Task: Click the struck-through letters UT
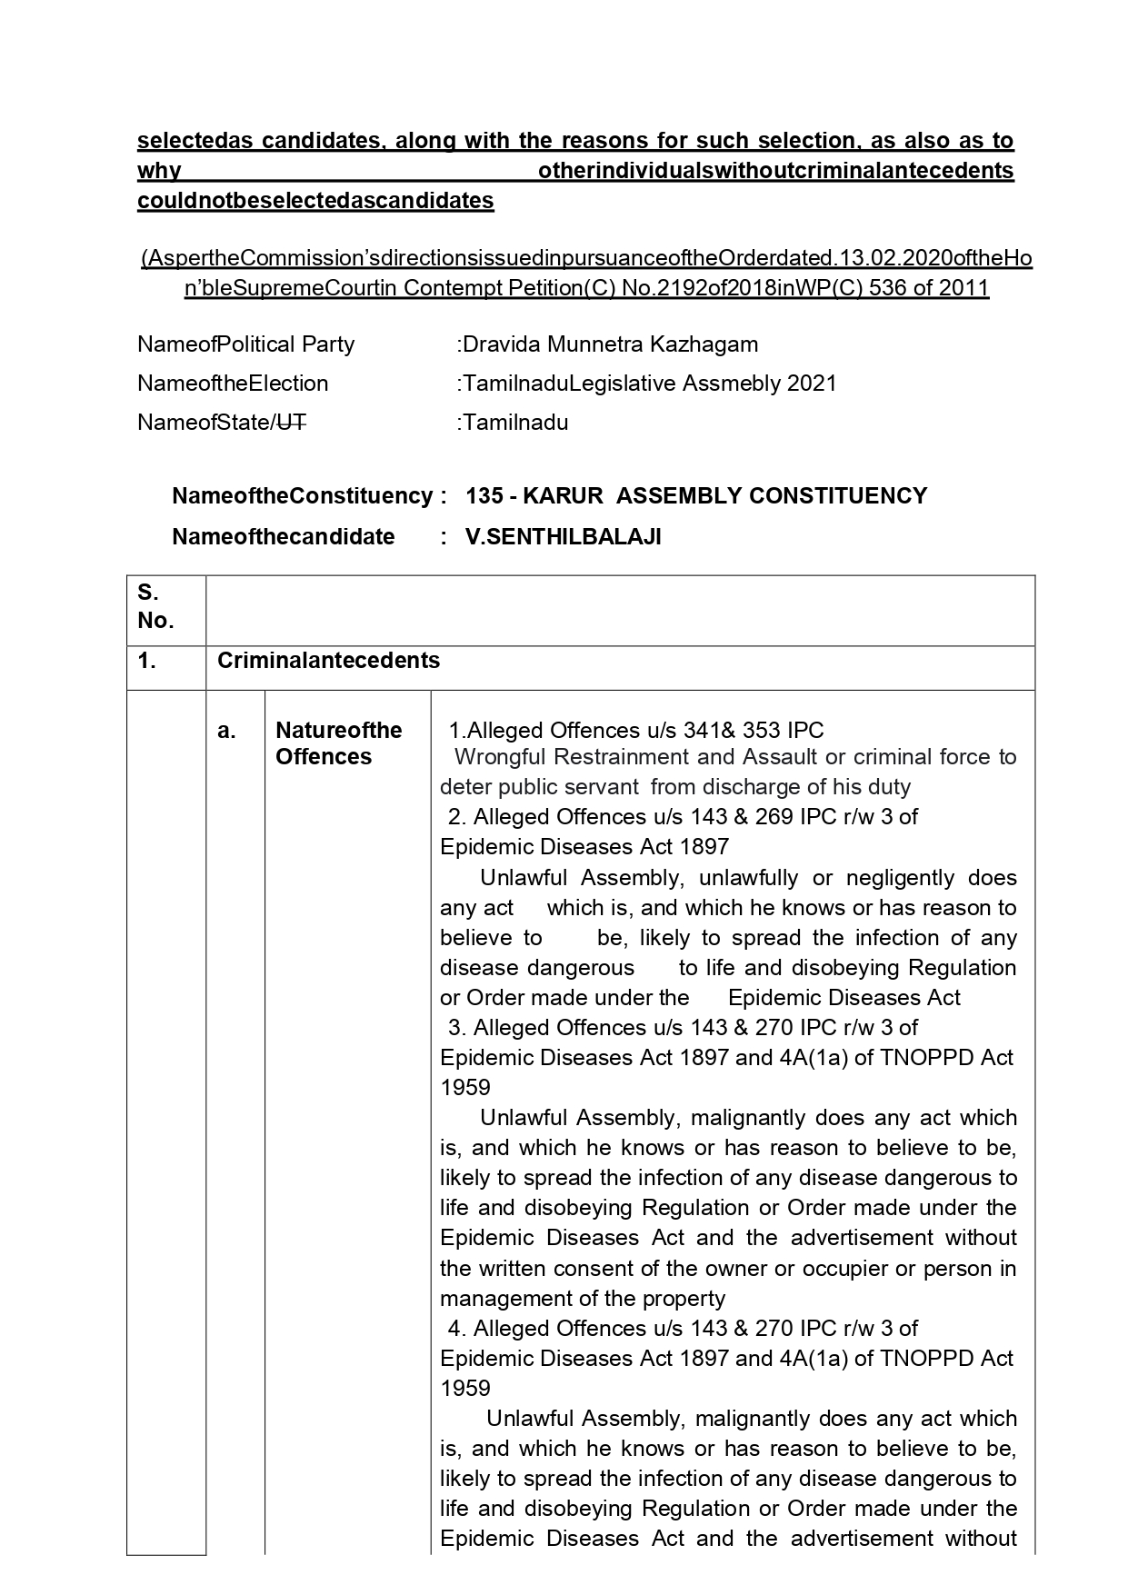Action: pos(290,423)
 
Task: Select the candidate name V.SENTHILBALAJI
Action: pos(564,537)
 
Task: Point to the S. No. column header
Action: pos(155,607)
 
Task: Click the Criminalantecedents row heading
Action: pos(328,661)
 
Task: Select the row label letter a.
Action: pos(226,731)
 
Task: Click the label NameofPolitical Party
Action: pos(245,344)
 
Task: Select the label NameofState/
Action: pos(205,423)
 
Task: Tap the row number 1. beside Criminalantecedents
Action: pos(147,661)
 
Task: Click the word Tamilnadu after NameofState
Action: pos(515,423)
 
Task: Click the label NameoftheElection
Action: pos(233,384)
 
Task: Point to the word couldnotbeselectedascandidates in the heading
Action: pos(315,201)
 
